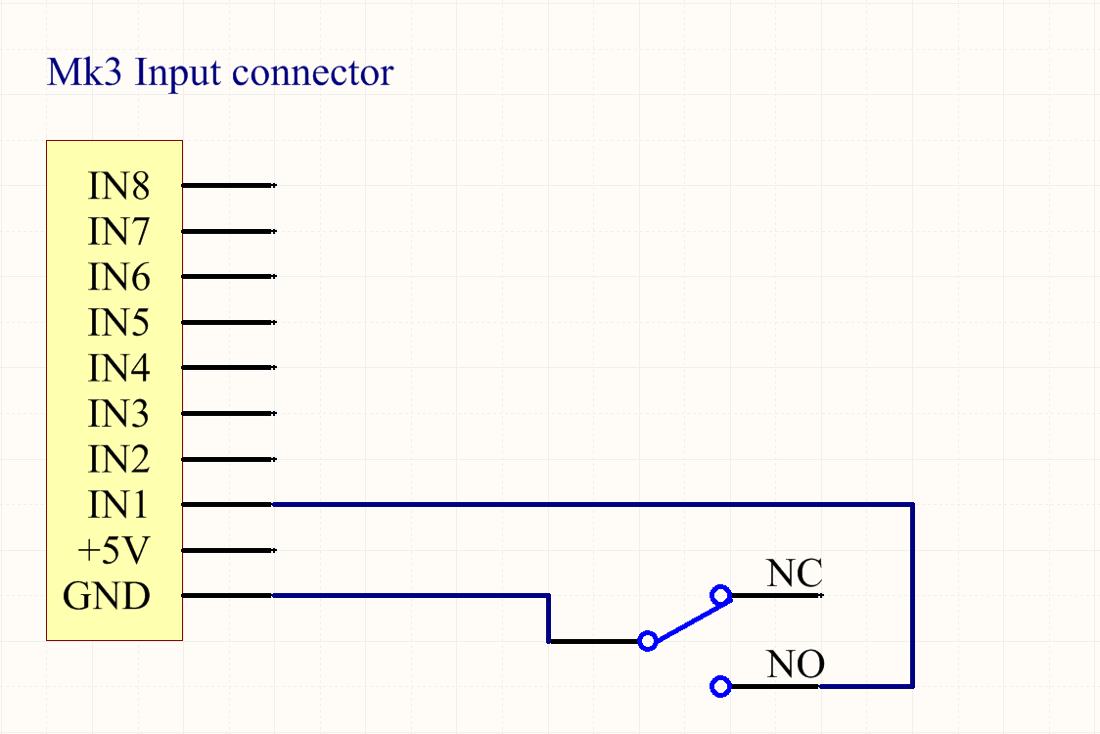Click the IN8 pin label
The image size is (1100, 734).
tap(119, 186)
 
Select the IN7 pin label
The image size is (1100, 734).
tap(119, 232)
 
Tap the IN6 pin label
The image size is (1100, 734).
tap(119, 278)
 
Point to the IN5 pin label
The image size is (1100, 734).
tap(119, 323)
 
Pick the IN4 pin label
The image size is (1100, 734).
tap(119, 369)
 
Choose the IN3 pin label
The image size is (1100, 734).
tap(119, 415)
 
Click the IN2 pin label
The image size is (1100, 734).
tap(119, 460)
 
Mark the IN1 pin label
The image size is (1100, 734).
tap(119, 506)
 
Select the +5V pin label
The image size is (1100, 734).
tap(115, 551)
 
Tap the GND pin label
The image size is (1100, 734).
tap(107, 596)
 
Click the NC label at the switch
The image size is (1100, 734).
tap(795, 574)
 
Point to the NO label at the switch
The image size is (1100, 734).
tap(795, 665)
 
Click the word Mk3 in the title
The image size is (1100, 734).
tap(85, 72)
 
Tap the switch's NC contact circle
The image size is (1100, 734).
tap(721, 595)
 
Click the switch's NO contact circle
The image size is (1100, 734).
tap(721, 686)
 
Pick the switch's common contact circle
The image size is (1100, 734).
tap(647, 641)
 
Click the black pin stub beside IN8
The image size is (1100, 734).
tap(229, 185)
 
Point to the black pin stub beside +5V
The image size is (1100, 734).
tap(229, 550)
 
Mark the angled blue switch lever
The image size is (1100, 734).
tap(685, 618)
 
